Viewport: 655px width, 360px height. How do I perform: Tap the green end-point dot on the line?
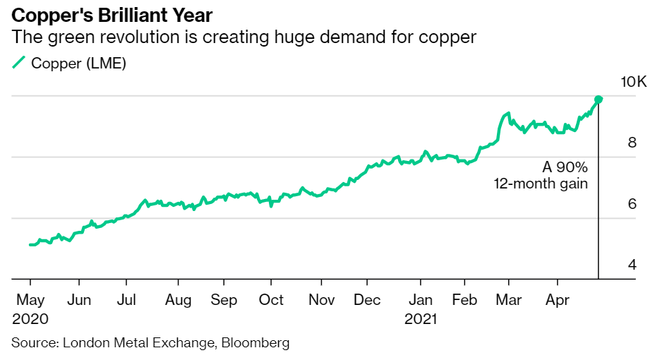(x=599, y=100)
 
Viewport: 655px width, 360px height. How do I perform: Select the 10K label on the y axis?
(x=633, y=82)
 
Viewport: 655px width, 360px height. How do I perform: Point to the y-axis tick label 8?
(x=632, y=143)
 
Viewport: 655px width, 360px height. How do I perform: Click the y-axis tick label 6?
(x=632, y=204)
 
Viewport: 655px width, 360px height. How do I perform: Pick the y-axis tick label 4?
(x=632, y=265)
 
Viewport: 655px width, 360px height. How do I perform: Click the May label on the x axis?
(x=30, y=300)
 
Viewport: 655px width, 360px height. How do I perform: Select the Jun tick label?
(x=79, y=300)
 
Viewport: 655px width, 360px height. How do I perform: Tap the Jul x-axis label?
(x=126, y=300)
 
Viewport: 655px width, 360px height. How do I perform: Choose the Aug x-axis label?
(x=179, y=300)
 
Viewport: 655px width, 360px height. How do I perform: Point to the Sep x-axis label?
(x=224, y=300)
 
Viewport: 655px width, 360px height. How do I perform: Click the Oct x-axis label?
(x=271, y=300)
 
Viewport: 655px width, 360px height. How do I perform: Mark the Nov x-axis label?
(x=321, y=300)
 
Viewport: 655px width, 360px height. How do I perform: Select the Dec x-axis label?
(x=367, y=300)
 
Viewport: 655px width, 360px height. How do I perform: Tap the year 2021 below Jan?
(x=421, y=319)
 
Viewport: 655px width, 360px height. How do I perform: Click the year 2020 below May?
(x=30, y=319)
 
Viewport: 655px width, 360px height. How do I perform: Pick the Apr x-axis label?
(x=558, y=300)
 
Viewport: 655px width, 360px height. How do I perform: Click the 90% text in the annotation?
(x=572, y=168)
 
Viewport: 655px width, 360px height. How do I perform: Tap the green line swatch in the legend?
(x=19, y=64)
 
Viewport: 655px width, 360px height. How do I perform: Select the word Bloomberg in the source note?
(x=256, y=343)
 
